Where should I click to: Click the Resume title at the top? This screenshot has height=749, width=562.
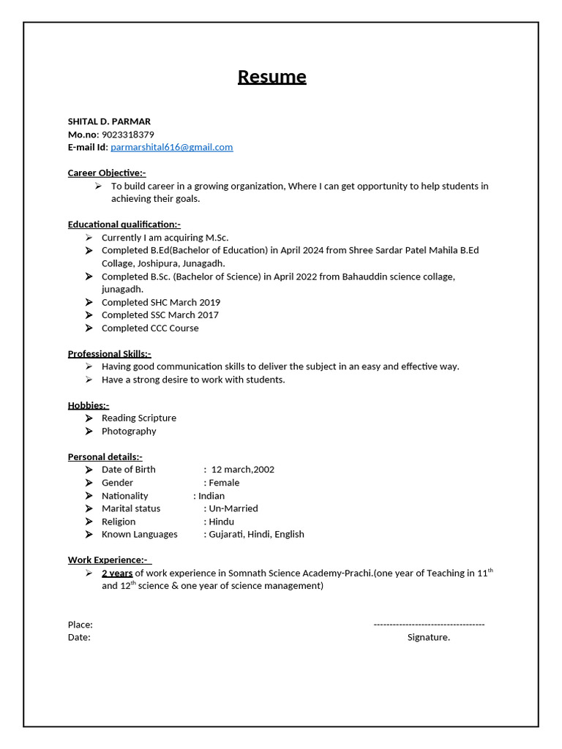(271, 77)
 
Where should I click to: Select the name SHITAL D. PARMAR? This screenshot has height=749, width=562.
(109, 121)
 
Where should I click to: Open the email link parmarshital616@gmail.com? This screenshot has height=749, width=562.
(171, 147)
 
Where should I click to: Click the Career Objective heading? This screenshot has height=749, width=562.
(107, 173)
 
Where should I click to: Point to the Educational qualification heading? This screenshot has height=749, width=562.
(124, 225)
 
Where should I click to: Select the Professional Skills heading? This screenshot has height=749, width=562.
(109, 354)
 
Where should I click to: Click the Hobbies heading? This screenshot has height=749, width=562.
(89, 405)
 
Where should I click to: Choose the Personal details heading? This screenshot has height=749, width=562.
(105, 457)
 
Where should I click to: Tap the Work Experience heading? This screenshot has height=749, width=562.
(109, 560)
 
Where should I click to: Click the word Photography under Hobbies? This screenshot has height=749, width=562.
(129, 432)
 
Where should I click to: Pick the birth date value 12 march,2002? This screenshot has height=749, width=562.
(242, 470)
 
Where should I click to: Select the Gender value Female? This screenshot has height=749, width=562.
(224, 483)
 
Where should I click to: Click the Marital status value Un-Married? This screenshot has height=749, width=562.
(233, 508)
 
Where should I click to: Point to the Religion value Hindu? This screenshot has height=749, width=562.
(221, 522)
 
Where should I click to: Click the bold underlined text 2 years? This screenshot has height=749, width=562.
(117, 573)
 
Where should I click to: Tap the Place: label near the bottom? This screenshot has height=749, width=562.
(80, 625)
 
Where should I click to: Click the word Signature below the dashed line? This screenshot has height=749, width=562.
(428, 637)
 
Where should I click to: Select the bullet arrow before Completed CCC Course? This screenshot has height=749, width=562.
(89, 328)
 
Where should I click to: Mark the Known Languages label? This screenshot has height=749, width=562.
(139, 535)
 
